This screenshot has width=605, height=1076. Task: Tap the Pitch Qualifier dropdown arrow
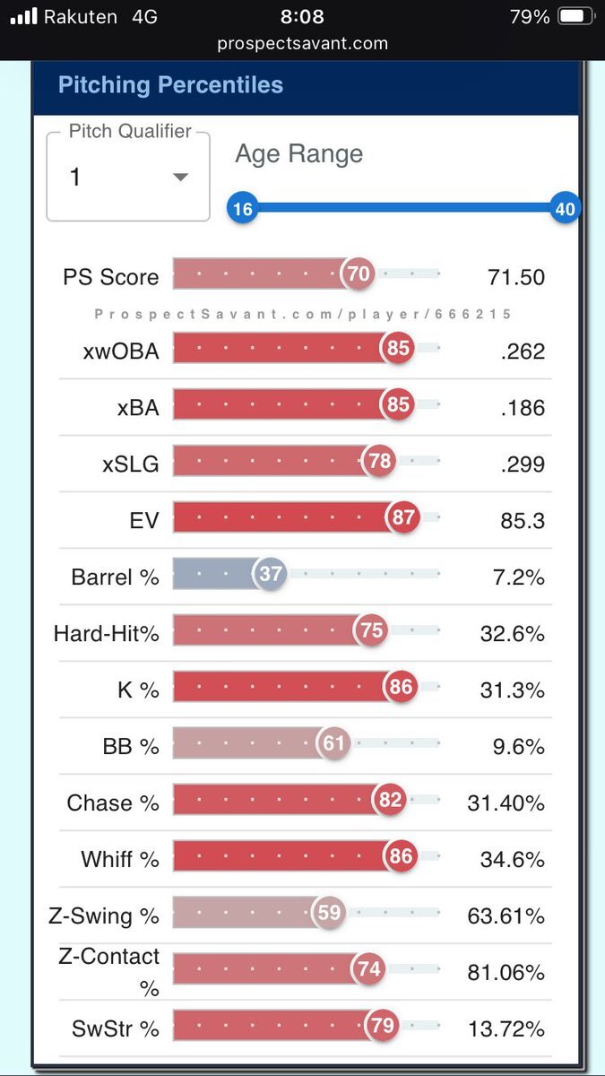point(180,178)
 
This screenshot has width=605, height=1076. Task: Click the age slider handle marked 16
point(242,209)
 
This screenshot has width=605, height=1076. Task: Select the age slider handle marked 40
point(565,209)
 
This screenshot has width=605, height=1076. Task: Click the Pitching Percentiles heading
point(170,85)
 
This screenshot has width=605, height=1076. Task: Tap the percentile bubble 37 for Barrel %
point(270,574)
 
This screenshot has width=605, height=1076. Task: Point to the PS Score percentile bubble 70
point(359,274)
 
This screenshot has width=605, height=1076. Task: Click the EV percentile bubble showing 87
point(403,517)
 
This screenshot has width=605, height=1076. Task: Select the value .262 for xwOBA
point(523,351)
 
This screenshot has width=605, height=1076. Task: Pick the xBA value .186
point(523,408)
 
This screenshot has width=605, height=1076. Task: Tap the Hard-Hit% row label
point(106,634)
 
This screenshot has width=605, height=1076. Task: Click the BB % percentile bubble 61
point(333,743)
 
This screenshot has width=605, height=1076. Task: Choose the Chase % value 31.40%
point(506,803)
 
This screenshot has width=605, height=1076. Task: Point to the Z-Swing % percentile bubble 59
point(329,913)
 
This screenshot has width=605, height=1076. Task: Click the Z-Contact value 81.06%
point(506,971)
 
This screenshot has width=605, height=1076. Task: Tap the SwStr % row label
point(115,1028)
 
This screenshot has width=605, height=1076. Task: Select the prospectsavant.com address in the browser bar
point(301,42)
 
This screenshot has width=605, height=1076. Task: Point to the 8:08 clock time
point(301,16)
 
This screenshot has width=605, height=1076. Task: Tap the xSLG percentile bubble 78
point(380,461)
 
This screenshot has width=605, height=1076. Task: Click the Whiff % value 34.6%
point(512,859)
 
